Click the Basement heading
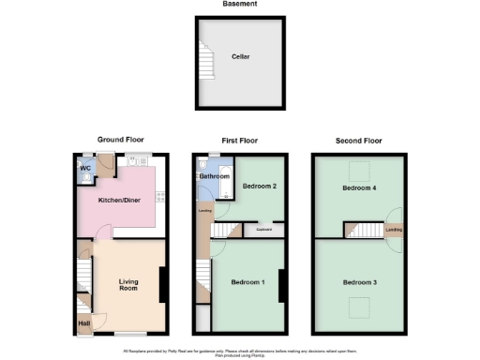pyautogui.click(x=240, y=4)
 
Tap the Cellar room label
pyautogui.click(x=241, y=56)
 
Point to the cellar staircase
pyautogui.click(x=205, y=63)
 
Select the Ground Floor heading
pyautogui.click(x=119, y=141)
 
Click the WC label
pyautogui.click(x=85, y=169)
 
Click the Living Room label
pyautogui.click(x=128, y=284)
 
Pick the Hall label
pyautogui.click(x=84, y=325)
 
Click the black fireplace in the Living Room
pyautogui.click(x=163, y=285)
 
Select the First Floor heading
pyautogui.click(x=239, y=141)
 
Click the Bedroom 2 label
pyautogui.click(x=259, y=187)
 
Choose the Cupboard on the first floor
pyautogui.click(x=263, y=228)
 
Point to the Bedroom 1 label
pyautogui.click(x=249, y=282)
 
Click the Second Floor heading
pyautogui.click(x=359, y=141)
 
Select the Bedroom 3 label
pyautogui.click(x=359, y=282)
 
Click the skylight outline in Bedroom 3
pyautogui.click(x=358, y=305)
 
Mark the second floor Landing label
pyautogui.click(x=394, y=229)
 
